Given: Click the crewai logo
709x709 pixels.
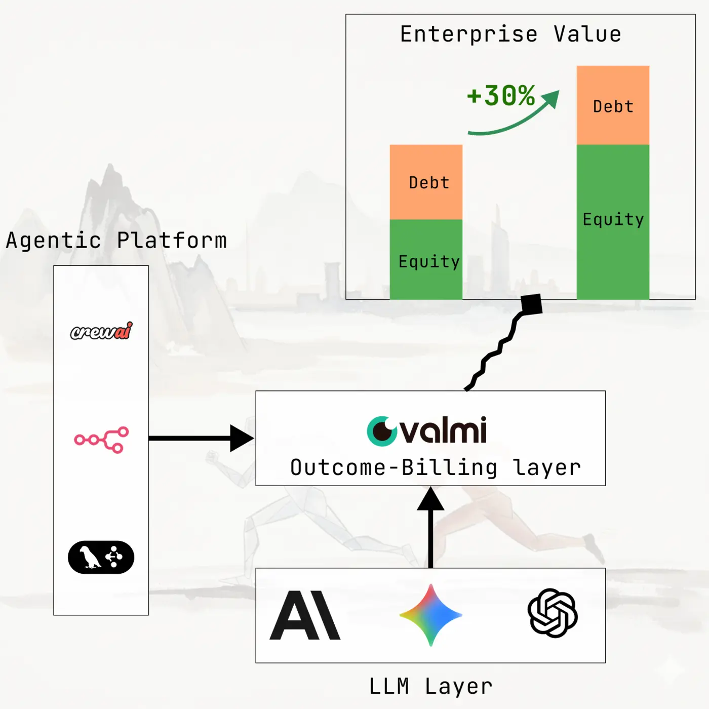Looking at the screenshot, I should click(x=101, y=331).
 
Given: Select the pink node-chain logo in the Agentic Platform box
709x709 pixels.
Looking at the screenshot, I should click(x=101, y=439).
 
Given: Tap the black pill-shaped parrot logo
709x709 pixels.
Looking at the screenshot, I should click(x=101, y=557).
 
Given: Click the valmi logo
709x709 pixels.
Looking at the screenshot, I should click(x=426, y=431).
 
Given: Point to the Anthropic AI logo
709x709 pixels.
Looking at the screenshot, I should click(x=305, y=615).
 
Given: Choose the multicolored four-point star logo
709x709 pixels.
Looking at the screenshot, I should click(x=430, y=615).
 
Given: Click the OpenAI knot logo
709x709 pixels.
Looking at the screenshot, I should click(x=553, y=613).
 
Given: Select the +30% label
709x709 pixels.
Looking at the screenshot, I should click(x=500, y=95).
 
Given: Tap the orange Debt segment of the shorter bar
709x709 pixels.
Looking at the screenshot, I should click(x=426, y=182).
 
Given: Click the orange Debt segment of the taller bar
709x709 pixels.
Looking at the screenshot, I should click(x=613, y=105).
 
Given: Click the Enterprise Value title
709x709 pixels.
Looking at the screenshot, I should click(x=510, y=34).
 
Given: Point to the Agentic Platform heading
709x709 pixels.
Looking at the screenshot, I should click(x=116, y=241).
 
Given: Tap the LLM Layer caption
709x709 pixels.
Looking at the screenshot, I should click(x=430, y=686).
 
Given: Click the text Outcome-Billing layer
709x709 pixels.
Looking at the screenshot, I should click(x=436, y=467).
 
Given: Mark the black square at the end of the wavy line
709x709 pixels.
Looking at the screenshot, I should click(x=532, y=304).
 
